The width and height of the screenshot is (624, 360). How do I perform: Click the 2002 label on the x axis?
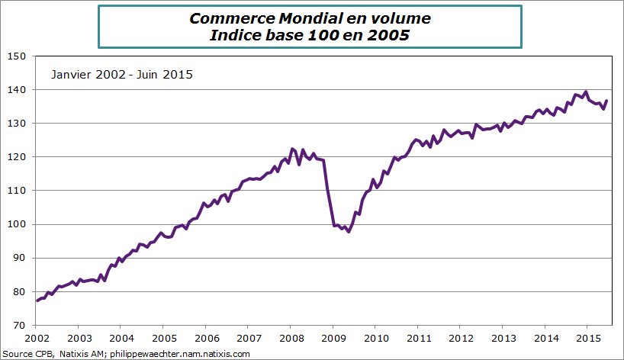tap(37, 338)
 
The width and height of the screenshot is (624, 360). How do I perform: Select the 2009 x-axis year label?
tap(333, 338)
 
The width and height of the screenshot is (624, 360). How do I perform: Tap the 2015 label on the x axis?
tap(587, 338)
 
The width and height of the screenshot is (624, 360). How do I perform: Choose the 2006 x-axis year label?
tap(206, 338)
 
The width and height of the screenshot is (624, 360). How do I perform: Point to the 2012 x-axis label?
tap(460, 338)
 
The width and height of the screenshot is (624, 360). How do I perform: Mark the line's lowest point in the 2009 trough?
tap(349, 231)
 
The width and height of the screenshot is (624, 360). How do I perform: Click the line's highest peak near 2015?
tap(585, 92)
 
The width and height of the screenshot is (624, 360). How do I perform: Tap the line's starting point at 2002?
tap(37, 301)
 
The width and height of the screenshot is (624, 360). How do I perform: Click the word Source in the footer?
tap(18, 354)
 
